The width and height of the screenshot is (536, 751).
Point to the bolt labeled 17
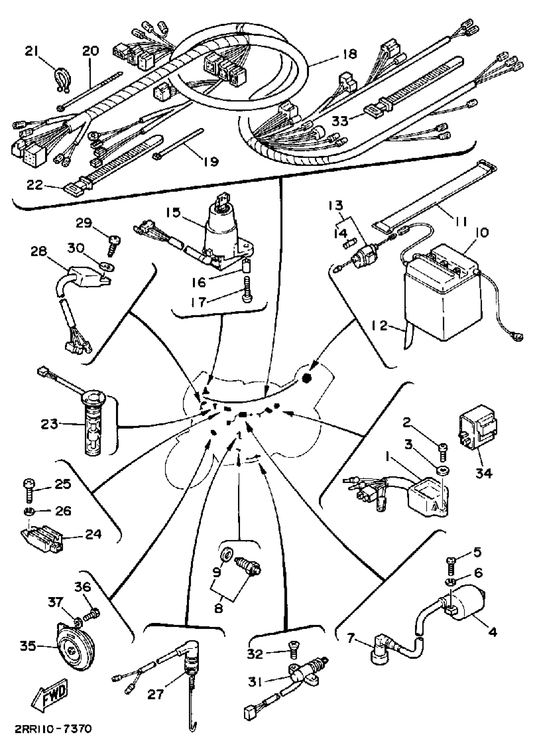click(x=247, y=288)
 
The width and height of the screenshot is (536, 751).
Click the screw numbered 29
click(x=114, y=246)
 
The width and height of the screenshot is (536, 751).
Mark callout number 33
click(x=340, y=121)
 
